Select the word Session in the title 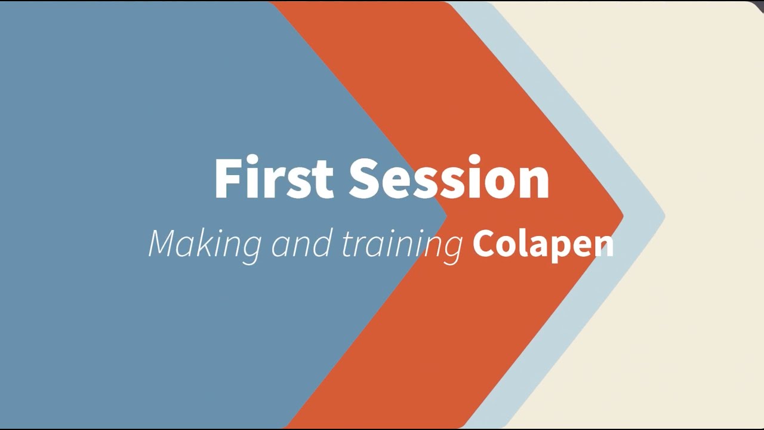(449, 178)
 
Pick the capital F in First (227, 178)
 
